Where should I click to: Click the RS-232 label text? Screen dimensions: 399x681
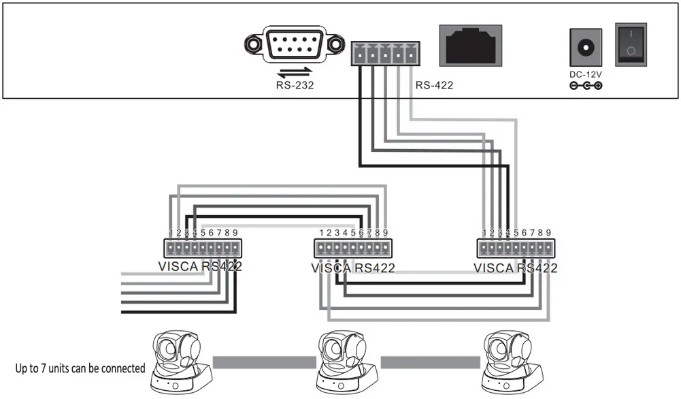pyautogui.click(x=295, y=85)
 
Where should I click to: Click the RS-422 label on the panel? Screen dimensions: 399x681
pyautogui.click(x=434, y=85)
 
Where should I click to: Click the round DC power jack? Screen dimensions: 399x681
pyautogui.click(x=584, y=47)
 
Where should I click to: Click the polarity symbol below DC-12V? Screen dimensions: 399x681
pyautogui.click(x=585, y=86)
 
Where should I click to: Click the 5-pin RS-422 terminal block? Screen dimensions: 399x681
pyautogui.click(x=384, y=53)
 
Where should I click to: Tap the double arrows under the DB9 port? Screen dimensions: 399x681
pyautogui.click(x=295, y=71)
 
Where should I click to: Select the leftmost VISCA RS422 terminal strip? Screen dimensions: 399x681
pyautogui.click(x=203, y=247)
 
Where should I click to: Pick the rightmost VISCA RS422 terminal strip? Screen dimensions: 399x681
pyautogui.click(x=516, y=249)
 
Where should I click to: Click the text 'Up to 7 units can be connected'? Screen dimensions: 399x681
pyautogui.click(x=80, y=368)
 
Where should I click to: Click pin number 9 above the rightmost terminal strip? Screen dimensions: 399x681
pyautogui.click(x=548, y=233)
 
